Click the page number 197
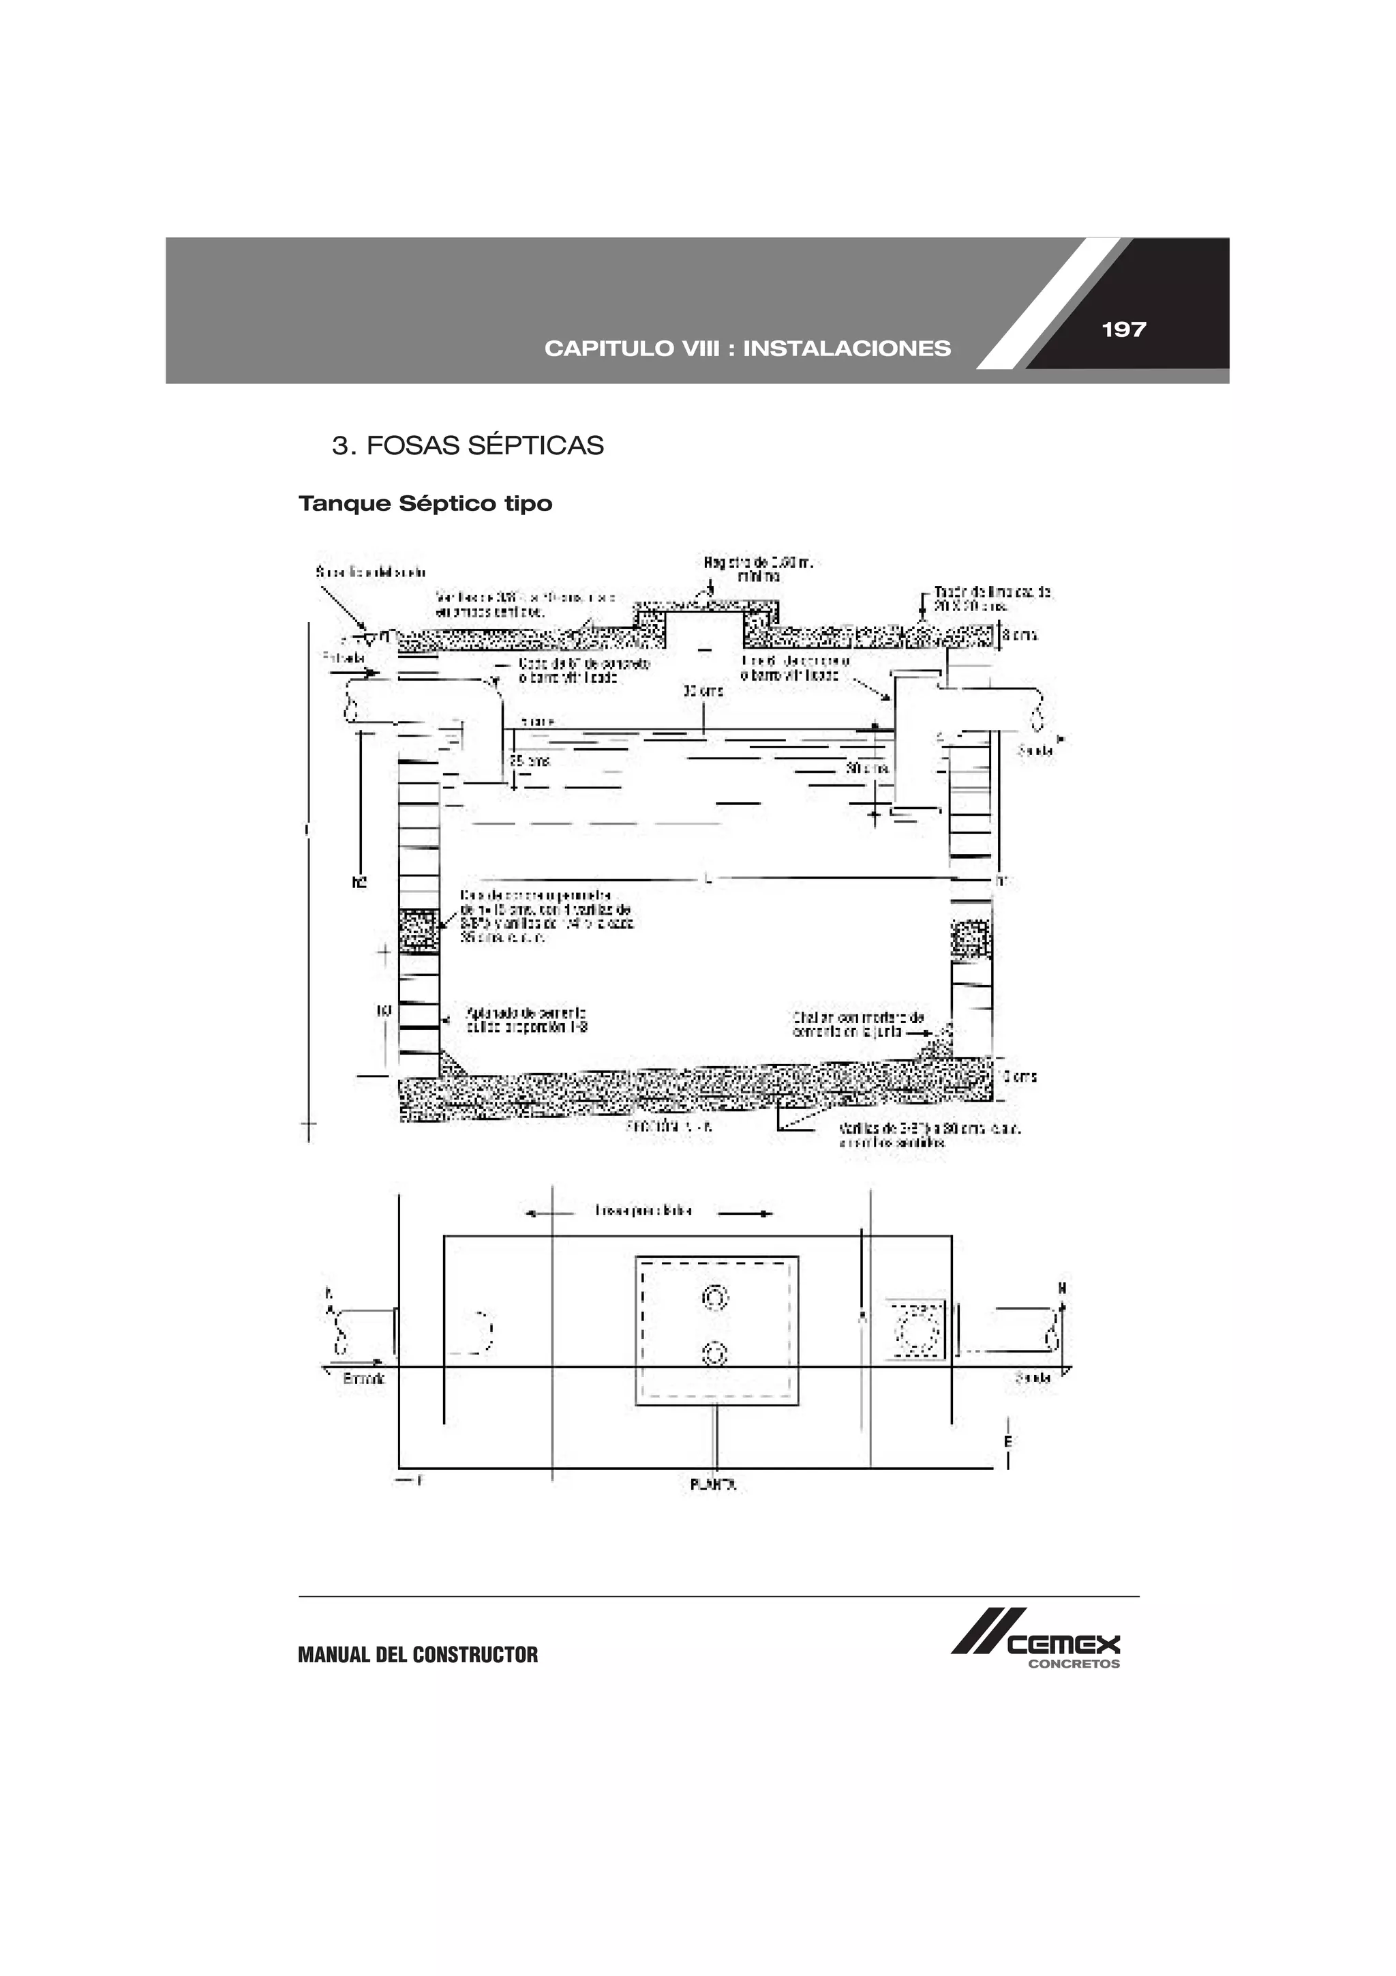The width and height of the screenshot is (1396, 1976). (x=1123, y=329)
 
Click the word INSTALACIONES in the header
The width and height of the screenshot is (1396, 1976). (x=847, y=349)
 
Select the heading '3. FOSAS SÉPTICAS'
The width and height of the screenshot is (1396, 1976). (x=468, y=446)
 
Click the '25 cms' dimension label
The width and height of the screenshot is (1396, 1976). (x=529, y=761)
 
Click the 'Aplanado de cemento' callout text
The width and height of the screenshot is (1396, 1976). (x=526, y=1020)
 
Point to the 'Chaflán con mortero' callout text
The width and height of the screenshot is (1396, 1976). (x=858, y=1024)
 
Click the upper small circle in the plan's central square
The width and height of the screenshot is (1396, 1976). (x=715, y=1297)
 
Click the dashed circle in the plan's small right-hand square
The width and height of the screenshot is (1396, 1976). (x=916, y=1329)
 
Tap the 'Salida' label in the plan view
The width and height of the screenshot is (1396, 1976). (x=1032, y=1378)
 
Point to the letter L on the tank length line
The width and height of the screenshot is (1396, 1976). (x=707, y=879)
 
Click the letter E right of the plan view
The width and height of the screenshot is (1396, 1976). (x=1008, y=1441)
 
